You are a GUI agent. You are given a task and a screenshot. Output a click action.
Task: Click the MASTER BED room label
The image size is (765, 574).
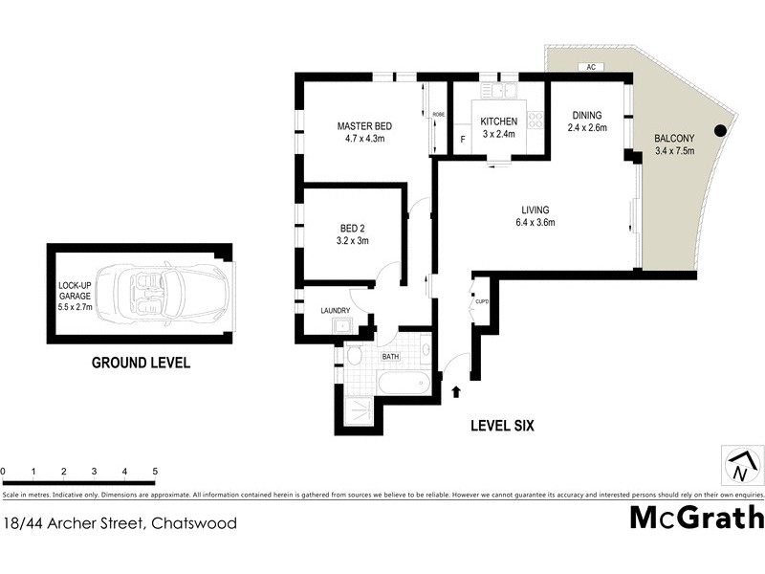point(364,126)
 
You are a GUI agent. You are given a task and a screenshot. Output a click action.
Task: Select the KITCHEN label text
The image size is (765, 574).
point(498,121)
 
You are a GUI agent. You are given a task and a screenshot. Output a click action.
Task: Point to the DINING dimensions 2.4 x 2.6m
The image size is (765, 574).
point(587,127)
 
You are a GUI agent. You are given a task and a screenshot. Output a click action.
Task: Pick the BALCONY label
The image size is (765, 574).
point(675,138)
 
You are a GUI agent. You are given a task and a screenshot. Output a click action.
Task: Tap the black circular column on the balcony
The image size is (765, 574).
point(721,131)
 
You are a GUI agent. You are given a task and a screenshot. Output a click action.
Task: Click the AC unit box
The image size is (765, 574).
point(591,67)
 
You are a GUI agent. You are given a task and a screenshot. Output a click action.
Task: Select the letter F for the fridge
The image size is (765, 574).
point(464,140)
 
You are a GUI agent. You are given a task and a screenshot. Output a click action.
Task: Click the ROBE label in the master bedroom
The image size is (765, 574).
point(439,115)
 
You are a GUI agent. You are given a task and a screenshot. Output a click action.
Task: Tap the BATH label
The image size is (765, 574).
point(390,357)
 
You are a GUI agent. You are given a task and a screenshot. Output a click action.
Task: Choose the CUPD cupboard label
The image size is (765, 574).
point(482,302)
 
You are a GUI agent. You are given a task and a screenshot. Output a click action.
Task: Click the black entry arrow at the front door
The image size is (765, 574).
point(455,390)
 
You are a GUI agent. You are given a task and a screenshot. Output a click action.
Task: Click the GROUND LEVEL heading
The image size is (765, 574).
point(141,363)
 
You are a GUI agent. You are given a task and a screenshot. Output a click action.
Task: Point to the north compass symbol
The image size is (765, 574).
point(739,466)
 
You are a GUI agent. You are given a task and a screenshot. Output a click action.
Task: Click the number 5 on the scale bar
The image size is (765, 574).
point(155,472)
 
